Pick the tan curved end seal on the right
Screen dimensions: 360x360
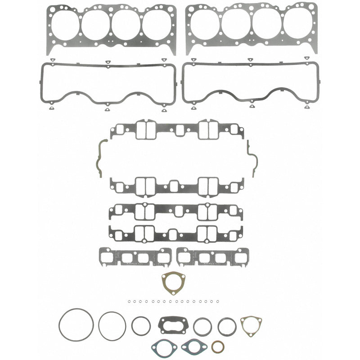(x=253, y=156)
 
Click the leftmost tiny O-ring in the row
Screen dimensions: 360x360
(x=129, y=301)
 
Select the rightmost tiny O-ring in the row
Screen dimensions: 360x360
(x=218, y=301)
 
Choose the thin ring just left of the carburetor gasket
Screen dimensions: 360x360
(x=141, y=326)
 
